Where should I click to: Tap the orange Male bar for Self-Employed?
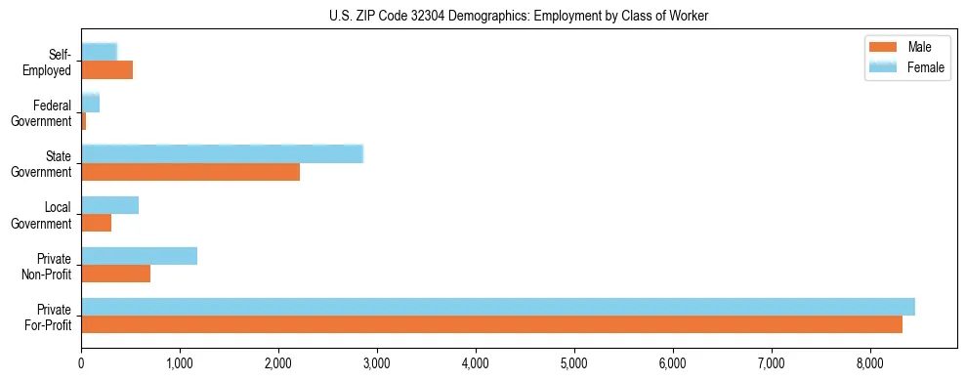click(106, 70)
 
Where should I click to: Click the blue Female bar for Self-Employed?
click(99, 52)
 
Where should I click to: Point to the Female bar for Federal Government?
click(90, 104)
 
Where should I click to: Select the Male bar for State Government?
click(190, 172)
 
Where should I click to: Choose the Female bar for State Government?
click(222, 154)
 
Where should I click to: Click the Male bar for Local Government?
click(96, 223)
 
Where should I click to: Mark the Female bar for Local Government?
click(109, 205)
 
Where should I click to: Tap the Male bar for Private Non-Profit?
click(115, 274)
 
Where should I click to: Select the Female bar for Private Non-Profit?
click(129, 256)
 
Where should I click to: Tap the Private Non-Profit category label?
click(48, 266)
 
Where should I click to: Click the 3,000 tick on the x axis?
click(377, 363)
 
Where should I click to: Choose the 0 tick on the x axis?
click(81, 363)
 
